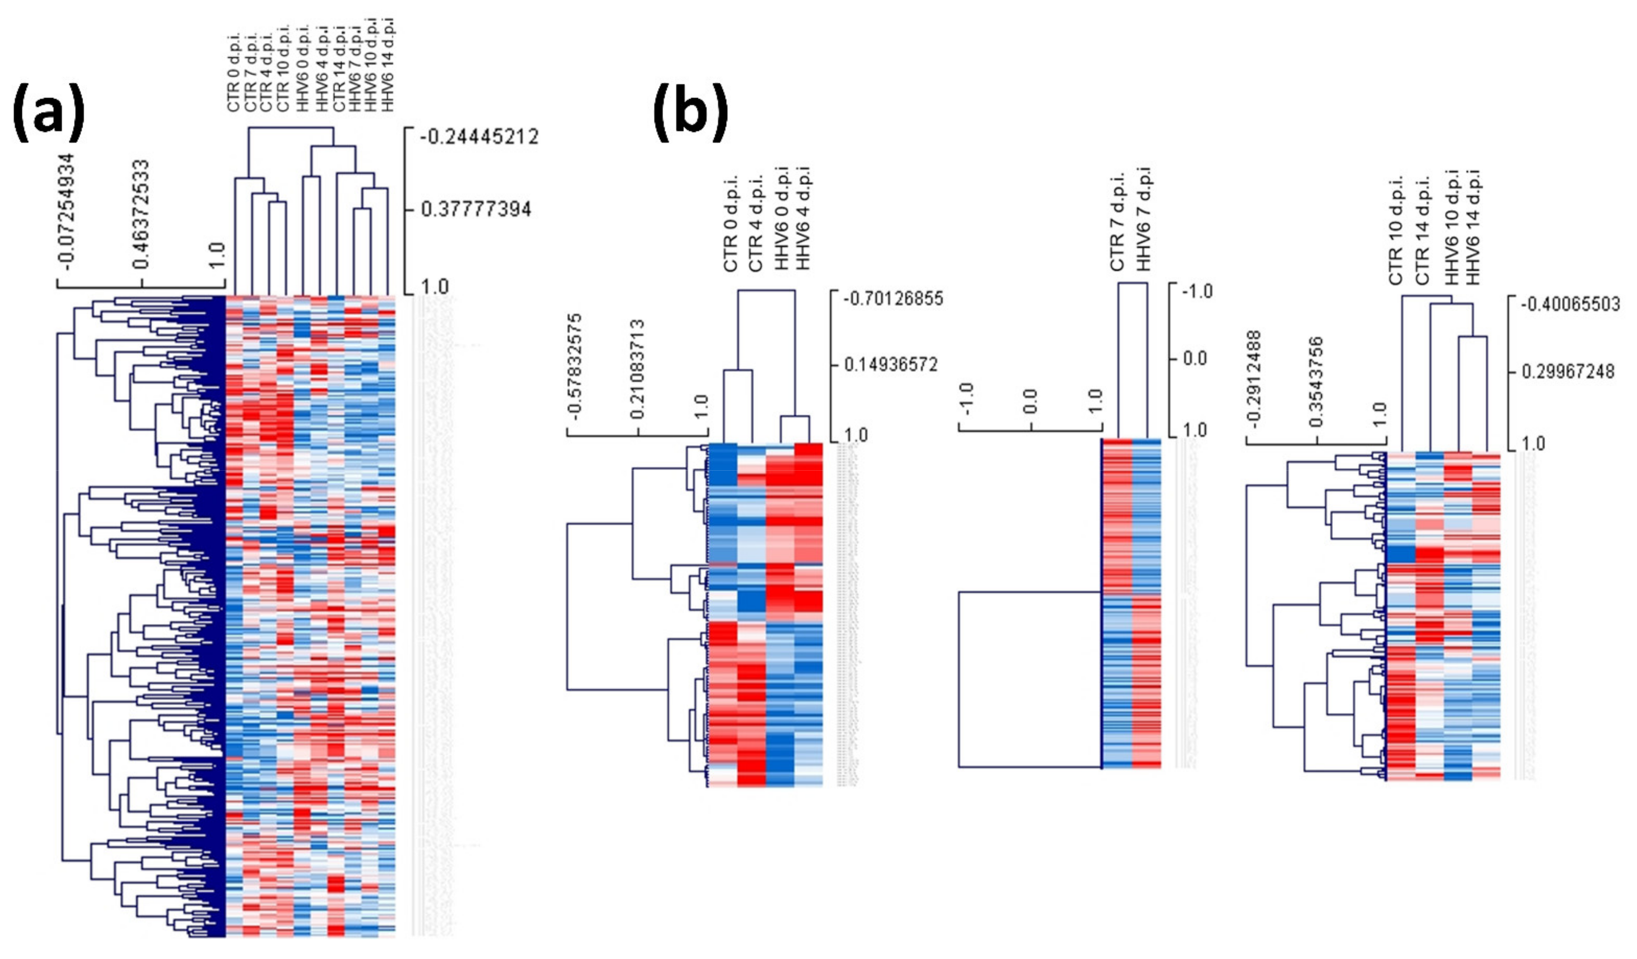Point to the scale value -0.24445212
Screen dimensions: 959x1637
(x=479, y=137)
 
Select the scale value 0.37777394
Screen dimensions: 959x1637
(x=476, y=209)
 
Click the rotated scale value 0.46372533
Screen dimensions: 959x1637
(x=140, y=214)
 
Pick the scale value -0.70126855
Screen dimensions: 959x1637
(x=893, y=299)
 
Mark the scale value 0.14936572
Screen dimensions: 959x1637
(x=891, y=365)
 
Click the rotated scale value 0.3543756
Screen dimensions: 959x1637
(x=1316, y=382)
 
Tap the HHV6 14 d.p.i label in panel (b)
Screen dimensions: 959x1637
(x=1473, y=227)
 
